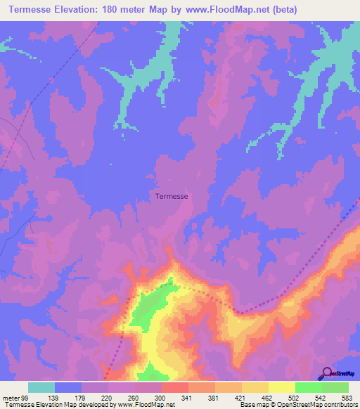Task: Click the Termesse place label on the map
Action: pos(171,197)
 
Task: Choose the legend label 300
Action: pos(162,398)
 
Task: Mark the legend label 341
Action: pos(188,398)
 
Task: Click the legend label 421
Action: pos(242,398)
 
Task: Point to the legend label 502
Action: pos(295,398)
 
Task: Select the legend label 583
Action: pos(348,398)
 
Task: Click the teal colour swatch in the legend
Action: pos(41,387)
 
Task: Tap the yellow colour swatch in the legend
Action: pos(281,387)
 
